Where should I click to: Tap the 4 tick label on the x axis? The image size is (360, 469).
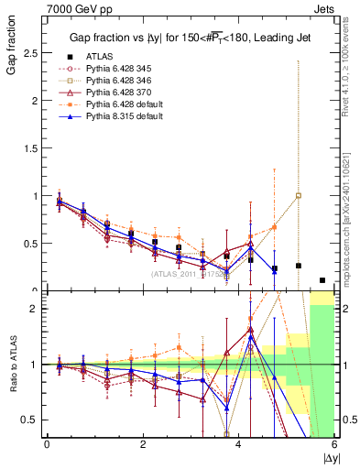[239, 444]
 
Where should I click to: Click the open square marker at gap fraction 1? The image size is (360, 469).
[299, 195]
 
